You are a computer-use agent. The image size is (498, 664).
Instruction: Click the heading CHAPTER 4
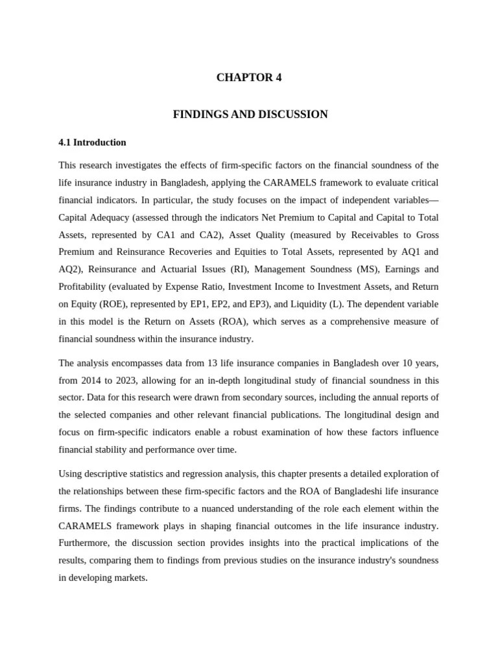(249, 77)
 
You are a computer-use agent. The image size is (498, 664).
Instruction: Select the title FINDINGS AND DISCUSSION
(250, 114)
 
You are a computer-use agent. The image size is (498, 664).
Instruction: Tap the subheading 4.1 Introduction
(92, 142)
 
